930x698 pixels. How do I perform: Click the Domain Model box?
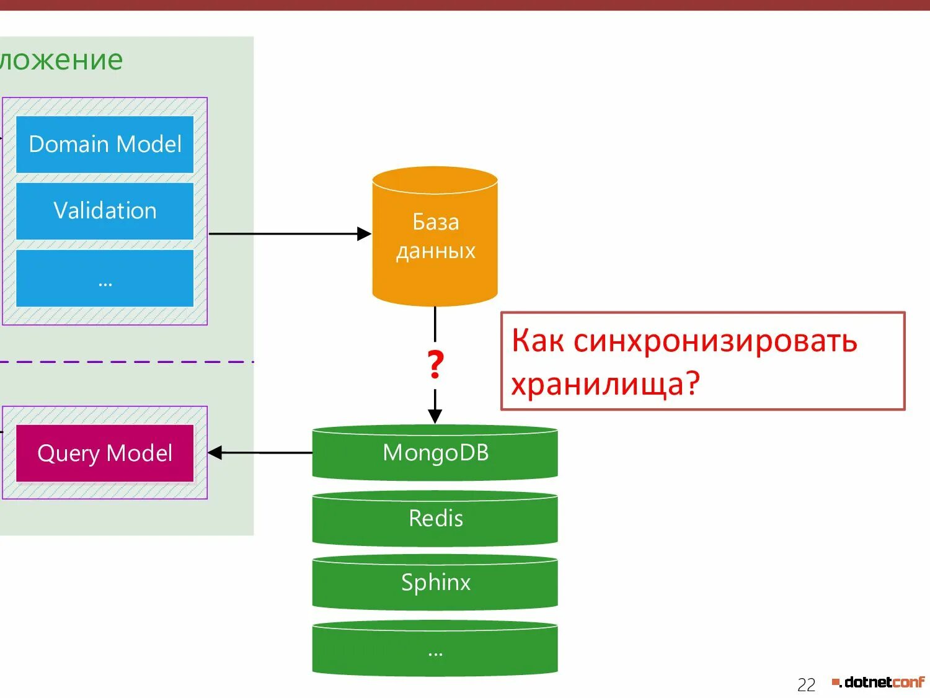pyautogui.click(x=105, y=144)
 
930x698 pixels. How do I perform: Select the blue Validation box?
pyautogui.click(x=105, y=211)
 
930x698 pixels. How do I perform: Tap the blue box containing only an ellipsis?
pyautogui.click(x=105, y=278)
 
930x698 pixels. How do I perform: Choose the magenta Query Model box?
pyautogui.click(x=105, y=453)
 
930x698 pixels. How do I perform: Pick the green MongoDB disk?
pyautogui.click(x=435, y=453)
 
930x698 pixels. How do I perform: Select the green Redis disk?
pyautogui.click(x=435, y=519)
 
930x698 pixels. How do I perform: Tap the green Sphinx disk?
pyautogui.click(x=435, y=583)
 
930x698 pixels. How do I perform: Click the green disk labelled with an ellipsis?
pyautogui.click(x=435, y=649)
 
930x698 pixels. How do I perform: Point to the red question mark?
pyautogui.click(x=435, y=365)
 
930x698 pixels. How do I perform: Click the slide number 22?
pyautogui.click(x=806, y=684)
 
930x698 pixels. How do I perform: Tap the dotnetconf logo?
pyautogui.click(x=879, y=682)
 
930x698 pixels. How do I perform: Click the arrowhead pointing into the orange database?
pyautogui.click(x=365, y=234)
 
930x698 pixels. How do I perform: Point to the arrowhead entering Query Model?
pyautogui.click(x=215, y=453)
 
